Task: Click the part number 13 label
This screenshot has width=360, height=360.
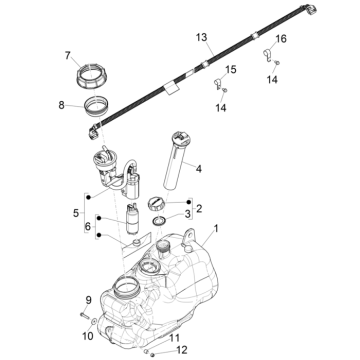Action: point(202,37)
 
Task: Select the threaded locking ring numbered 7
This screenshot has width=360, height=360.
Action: point(92,77)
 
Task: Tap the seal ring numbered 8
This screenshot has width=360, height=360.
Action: point(96,106)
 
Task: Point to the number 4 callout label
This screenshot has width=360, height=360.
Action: point(199,169)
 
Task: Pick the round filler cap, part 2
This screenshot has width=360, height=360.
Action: point(156,203)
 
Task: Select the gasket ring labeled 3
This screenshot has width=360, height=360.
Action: point(159,221)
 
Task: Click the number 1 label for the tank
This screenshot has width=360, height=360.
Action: point(216,229)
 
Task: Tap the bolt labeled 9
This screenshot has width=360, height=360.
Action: point(85,315)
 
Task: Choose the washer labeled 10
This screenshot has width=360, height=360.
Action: point(94,321)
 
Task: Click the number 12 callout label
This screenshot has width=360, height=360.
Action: point(174,338)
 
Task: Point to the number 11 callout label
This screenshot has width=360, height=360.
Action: point(182,350)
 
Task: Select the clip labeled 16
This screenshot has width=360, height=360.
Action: point(268,55)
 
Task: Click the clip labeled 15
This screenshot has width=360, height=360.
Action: point(217,84)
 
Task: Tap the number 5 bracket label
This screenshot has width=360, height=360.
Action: point(76,213)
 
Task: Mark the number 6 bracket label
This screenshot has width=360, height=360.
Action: point(88,227)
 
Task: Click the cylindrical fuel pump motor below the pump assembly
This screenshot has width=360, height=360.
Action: point(133,218)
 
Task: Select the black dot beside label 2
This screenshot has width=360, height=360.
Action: point(189,202)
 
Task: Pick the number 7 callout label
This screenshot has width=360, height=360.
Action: point(68,56)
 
